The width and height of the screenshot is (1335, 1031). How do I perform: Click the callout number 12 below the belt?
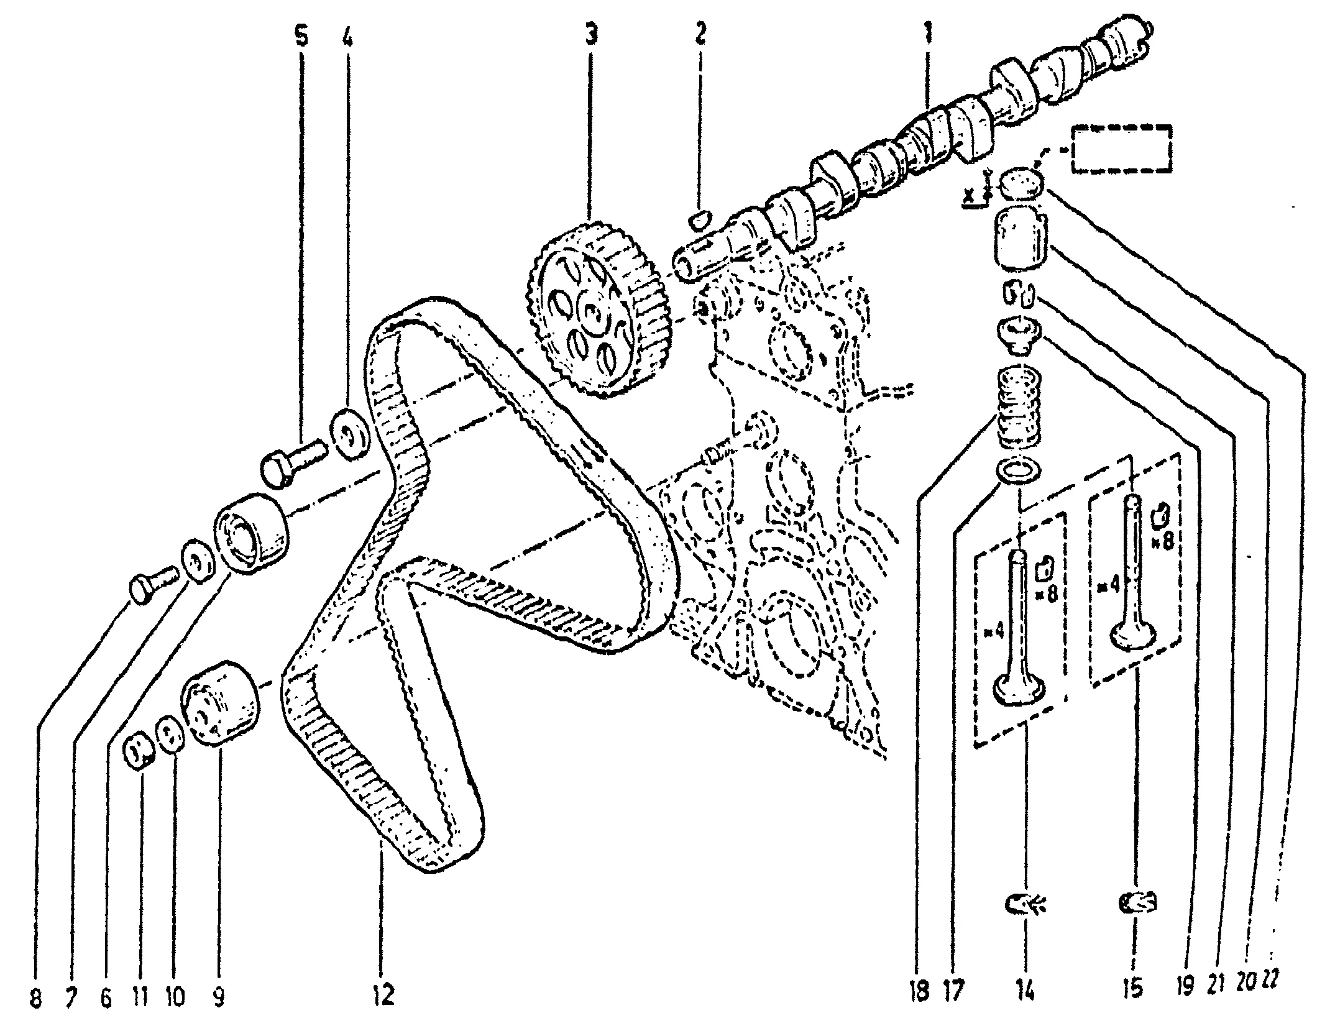point(385,996)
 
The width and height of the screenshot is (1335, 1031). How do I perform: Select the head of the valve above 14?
point(1019,690)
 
